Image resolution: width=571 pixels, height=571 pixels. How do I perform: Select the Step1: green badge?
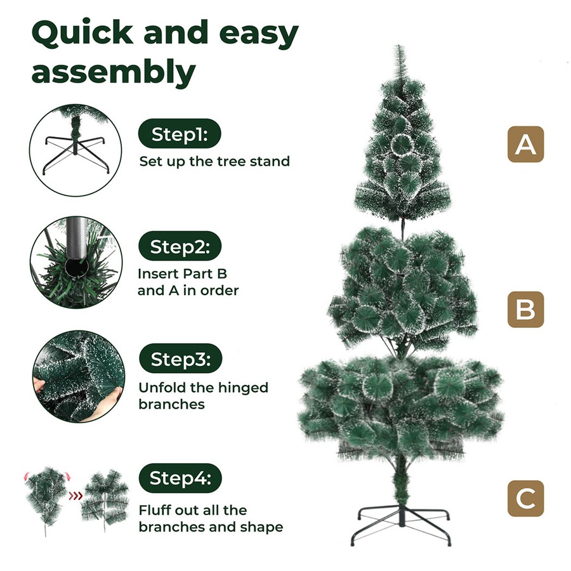coord(180,135)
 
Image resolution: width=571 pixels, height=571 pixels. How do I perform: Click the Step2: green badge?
coord(180,247)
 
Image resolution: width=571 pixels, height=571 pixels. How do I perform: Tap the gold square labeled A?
coord(525,145)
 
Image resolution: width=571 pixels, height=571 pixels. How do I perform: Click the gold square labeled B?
coord(525,310)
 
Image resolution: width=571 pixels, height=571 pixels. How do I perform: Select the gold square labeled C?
coord(525,498)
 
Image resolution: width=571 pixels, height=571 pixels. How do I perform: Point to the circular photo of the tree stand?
coord(75,148)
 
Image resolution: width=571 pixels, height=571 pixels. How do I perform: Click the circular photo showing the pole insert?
coord(75,262)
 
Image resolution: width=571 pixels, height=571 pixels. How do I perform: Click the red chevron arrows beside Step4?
coord(75,496)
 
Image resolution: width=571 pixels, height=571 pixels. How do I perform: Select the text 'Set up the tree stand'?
coord(214,161)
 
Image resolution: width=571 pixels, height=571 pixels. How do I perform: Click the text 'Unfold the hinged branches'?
coord(203,395)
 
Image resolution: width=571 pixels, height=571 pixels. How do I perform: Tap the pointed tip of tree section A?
coord(399,51)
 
